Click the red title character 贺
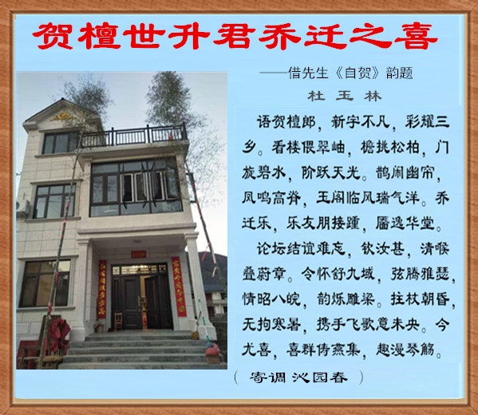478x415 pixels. click(x=53, y=36)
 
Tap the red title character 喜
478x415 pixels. click(x=416, y=36)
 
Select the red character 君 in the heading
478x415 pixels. click(x=234, y=36)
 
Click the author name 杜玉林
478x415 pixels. click(x=345, y=97)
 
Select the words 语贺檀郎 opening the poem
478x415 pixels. click(x=286, y=123)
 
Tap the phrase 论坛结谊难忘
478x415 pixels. click(x=301, y=249)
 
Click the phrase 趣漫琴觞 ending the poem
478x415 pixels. click(x=405, y=349)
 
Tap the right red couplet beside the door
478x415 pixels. click(x=179, y=287)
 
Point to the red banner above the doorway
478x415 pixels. click(x=139, y=254)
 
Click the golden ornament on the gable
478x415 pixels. click(x=62, y=117)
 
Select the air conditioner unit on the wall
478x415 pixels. click(x=23, y=209)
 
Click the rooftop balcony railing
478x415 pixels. click(x=133, y=136)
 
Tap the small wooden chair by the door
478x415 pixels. click(x=118, y=322)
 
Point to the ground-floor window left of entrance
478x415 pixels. click(x=45, y=283)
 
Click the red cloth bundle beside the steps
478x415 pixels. click(x=59, y=334)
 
